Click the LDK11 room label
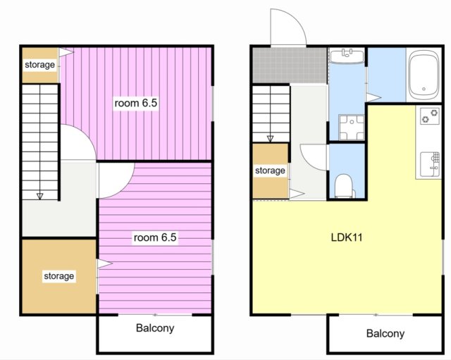(x=347, y=237)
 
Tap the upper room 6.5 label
(x=136, y=103)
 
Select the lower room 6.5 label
(x=155, y=237)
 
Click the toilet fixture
(x=345, y=186)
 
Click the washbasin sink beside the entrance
(x=347, y=56)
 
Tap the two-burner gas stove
(x=430, y=116)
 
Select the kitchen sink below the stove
(x=430, y=164)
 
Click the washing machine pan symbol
(x=352, y=127)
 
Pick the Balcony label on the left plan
(x=155, y=328)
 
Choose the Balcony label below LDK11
(x=385, y=333)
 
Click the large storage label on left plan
(x=59, y=276)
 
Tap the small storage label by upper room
(x=39, y=65)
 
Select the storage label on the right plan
(x=270, y=170)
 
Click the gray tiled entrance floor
(x=290, y=66)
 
